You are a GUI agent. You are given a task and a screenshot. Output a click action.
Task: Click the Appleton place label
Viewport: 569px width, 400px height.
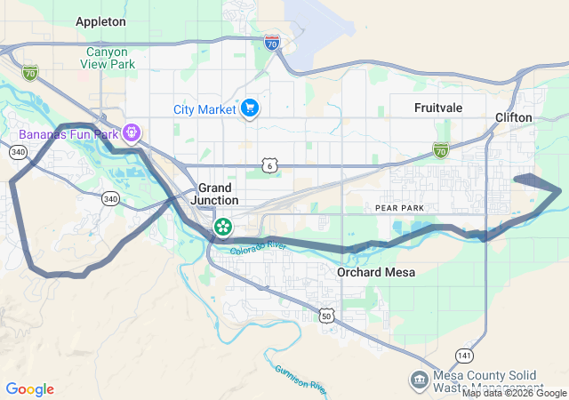100,20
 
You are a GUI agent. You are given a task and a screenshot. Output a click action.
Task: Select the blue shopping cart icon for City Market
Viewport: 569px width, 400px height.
250,108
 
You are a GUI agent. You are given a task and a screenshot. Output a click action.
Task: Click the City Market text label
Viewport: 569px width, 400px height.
204,109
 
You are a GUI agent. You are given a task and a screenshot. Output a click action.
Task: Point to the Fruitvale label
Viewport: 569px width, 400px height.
439,107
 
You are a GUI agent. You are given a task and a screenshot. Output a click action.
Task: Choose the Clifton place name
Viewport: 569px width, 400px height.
514,117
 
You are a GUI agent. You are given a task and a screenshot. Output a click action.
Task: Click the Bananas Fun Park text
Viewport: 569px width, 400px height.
65,135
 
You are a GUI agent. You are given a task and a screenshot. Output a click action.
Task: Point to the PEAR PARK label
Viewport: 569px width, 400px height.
396,207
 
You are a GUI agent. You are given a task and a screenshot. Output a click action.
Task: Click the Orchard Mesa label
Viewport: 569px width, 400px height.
372,272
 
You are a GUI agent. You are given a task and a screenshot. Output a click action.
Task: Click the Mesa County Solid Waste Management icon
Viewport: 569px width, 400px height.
418,380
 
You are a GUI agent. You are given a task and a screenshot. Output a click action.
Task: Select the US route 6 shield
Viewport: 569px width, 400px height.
269,165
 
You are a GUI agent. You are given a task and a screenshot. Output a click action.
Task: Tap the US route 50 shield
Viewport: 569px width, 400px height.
327,316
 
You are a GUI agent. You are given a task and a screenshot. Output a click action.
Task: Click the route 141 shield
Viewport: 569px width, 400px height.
463,355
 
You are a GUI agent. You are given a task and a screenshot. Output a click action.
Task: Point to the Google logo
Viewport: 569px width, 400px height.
29,389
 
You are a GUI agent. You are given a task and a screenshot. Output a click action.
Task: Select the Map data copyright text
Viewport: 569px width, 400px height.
514,393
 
